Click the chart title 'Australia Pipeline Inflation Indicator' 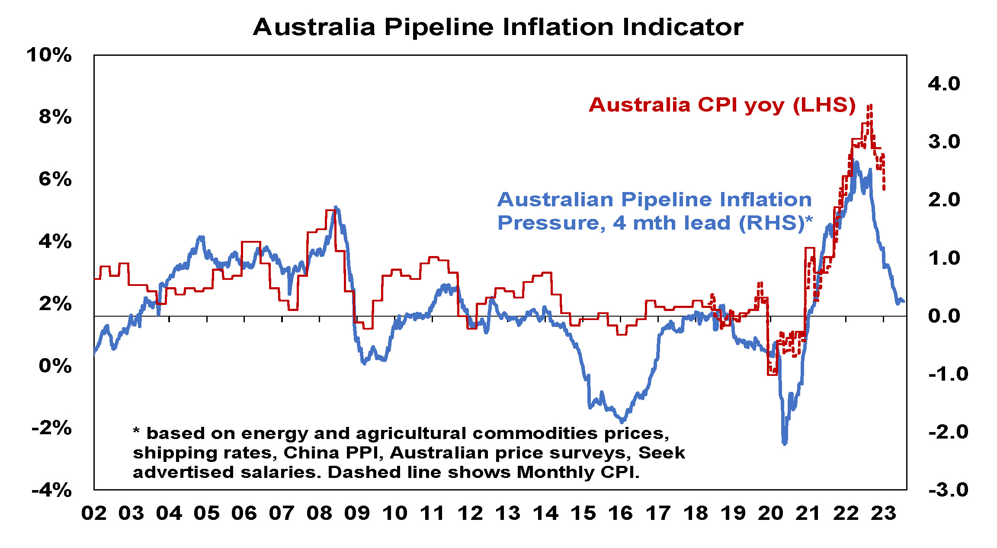point(498,27)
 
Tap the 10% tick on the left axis point(49,55)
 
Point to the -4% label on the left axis point(51,490)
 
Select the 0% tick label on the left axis point(55,366)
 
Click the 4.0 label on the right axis point(944,83)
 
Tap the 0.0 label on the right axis point(944,316)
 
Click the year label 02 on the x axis point(94,513)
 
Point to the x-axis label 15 point(583,513)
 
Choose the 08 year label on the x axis point(319,513)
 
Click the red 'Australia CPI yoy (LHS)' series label point(722,105)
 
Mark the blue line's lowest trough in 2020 point(785,443)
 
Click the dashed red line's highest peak point(870,106)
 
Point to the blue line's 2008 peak point(336,208)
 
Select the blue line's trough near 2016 point(622,421)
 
